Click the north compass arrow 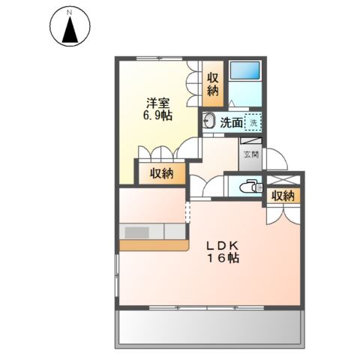pyautogui.click(x=69, y=31)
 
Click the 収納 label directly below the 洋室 pyautogui.click(x=161, y=173)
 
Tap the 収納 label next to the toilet pyautogui.click(x=282, y=196)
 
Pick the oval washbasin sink pyautogui.click(x=209, y=121)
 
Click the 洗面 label pyautogui.click(x=232, y=122)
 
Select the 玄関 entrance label pyautogui.click(x=250, y=155)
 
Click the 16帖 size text pyautogui.click(x=223, y=258)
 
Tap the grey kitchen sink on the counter pyautogui.click(x=137, y=232)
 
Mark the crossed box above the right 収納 pyautogui.click(x=282, y=179)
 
